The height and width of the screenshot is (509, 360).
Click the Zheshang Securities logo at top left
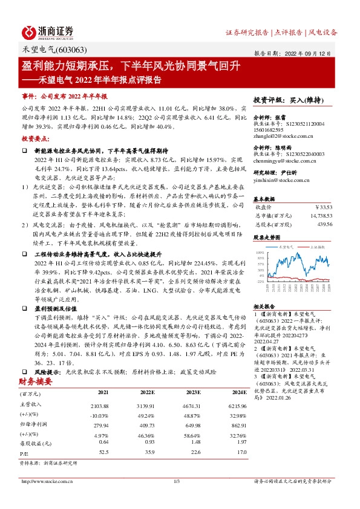click(x=49, y=31)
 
